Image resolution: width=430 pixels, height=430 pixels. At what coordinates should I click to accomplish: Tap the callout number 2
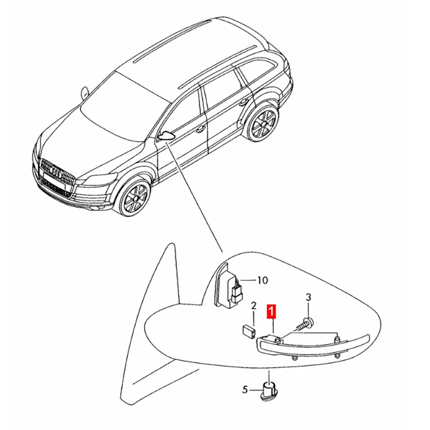pos(254,306)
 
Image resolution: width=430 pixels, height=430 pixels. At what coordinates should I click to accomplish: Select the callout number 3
pos(309,297)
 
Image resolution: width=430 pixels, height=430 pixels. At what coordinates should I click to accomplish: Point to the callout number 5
pos(245,390)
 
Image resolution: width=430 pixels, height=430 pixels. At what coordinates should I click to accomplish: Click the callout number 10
pos(262,280)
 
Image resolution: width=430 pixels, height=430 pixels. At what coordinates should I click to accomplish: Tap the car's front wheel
pos(134,197)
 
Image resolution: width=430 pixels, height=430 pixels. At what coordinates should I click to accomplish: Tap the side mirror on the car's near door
pos(167,135)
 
